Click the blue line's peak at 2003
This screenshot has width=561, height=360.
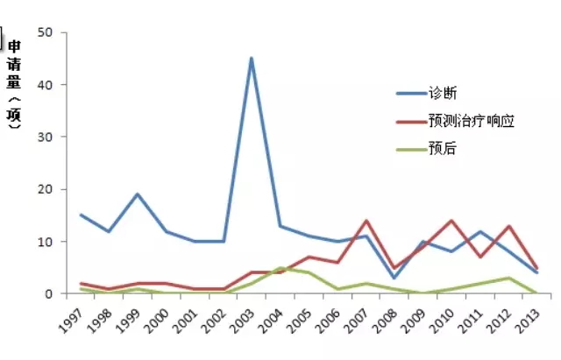[x=252, y=59]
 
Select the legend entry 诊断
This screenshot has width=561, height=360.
[x=442, y=93]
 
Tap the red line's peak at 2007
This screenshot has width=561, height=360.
[x=366, y=221]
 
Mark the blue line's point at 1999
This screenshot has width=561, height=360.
[x=138, y=194]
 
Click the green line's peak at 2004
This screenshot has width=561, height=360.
[x=280, y=268]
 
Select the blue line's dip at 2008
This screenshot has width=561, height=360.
[x=394, y=278]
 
